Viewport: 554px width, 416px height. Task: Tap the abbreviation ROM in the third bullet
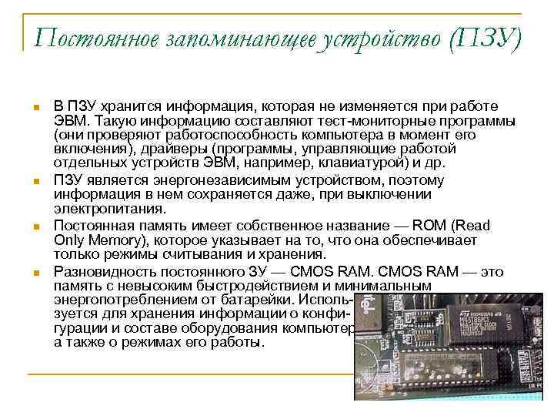433,225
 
